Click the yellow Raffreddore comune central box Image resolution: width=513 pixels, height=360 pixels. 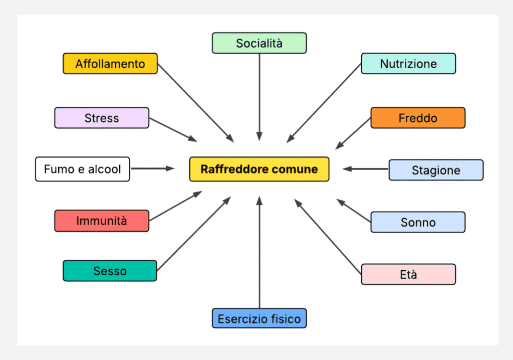(x=259, y=169)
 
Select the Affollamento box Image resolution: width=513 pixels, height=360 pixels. (x=110, y=64)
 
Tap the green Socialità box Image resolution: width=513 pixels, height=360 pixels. (x=259, y=43)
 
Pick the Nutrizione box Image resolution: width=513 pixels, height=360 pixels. (x=408, y=64)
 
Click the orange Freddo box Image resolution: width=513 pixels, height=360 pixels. (x=418, y=118)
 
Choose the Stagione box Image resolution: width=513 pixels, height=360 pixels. (x=436, y=170)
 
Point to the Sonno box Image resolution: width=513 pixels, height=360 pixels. (x=418, y=222)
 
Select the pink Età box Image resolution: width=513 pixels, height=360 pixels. (x=408, y=274)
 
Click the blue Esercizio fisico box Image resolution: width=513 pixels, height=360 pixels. (x=259, y=318)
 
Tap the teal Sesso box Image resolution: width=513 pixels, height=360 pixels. (x=110, y=271)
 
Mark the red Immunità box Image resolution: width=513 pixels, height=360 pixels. (x=102, y=221)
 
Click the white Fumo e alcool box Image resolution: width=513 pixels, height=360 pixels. (x=83, y=169)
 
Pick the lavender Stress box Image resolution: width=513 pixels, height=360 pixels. (x=102, y=118)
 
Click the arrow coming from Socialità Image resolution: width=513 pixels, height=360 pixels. (x=259, y=95)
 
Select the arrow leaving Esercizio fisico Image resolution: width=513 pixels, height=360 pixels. (x=259, y=251)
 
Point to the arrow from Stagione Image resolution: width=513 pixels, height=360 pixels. (x=366, y=169)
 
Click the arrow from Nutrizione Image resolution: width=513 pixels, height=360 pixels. (x=325, y=103)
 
